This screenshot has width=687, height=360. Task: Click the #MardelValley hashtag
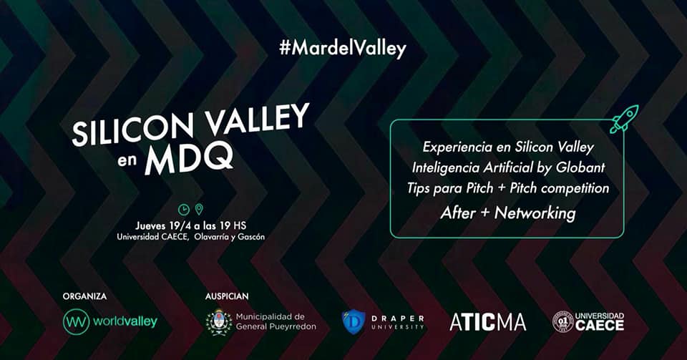tap(343, 48)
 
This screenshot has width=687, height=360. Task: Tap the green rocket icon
tap(624, 119)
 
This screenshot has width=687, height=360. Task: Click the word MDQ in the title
tap(189, 159)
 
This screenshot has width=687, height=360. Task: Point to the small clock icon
tap(184, 210)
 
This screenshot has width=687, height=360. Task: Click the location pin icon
tap(199, 209)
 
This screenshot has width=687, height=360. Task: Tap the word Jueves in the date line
tap(150, 226)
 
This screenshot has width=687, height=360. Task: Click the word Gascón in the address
tap(251, 237)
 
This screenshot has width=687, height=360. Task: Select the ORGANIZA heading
tap(84, 296)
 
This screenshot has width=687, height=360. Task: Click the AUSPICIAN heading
tap(227, 296)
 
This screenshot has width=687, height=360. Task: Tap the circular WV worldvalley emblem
tap(77, 322)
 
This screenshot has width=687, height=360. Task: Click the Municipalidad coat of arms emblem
tap(219, 323)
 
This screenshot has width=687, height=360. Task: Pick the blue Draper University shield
tap(354, 322)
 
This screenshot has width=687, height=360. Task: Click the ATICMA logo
tap(487, 323)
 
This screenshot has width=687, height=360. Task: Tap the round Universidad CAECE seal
tap(563, 322)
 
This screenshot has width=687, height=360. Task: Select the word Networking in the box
tap(535, 213)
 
